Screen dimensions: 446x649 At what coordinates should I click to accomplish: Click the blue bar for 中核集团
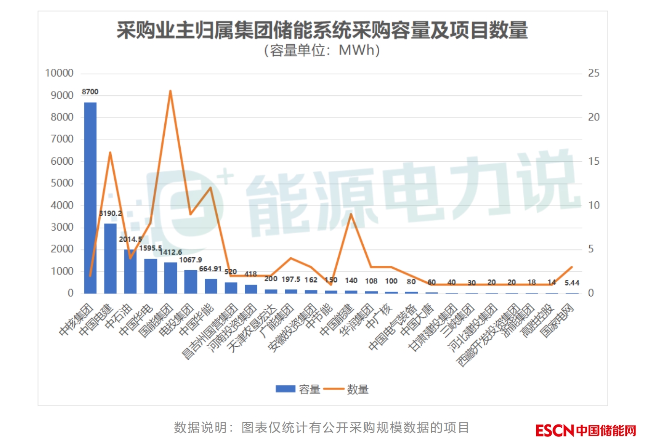coord(90,197)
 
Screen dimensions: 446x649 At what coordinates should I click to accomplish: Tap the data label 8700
coord(90,92)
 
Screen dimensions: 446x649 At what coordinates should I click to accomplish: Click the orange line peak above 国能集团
coord(170,91)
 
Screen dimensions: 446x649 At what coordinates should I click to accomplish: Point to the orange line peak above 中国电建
coord(110,153)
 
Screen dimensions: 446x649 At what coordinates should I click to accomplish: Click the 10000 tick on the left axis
coord(59,73)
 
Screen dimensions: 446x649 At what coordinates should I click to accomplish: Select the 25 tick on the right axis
coord(594,73)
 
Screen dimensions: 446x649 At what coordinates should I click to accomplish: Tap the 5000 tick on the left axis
coord(62,183)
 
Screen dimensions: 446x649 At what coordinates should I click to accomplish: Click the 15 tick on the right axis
coord(594,161)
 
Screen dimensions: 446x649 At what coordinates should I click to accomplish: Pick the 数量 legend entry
coord(346,389)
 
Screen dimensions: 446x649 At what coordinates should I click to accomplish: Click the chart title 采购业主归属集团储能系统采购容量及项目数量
coord(322,30)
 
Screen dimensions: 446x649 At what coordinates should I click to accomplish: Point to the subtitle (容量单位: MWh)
coord(322,50)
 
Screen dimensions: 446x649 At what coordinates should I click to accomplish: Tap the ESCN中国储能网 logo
coord(585,430)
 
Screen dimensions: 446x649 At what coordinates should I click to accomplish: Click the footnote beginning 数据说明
coord(321,428)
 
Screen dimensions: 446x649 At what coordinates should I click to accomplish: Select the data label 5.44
coord(572,283)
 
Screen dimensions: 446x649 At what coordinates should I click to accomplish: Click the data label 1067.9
coord(190,260)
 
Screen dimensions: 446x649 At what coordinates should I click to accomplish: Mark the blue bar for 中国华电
coord(150,276)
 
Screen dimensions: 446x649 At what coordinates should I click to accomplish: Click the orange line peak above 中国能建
coord(351,214)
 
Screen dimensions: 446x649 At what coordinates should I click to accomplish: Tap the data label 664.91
coord(211,269)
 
